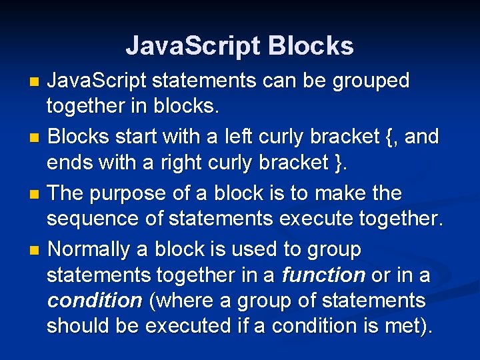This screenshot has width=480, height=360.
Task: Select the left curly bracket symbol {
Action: click(x=390, y=137)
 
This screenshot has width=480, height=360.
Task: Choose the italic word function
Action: click(x=323, y=275)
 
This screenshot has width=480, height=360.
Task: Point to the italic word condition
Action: click(x=95, y=301)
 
